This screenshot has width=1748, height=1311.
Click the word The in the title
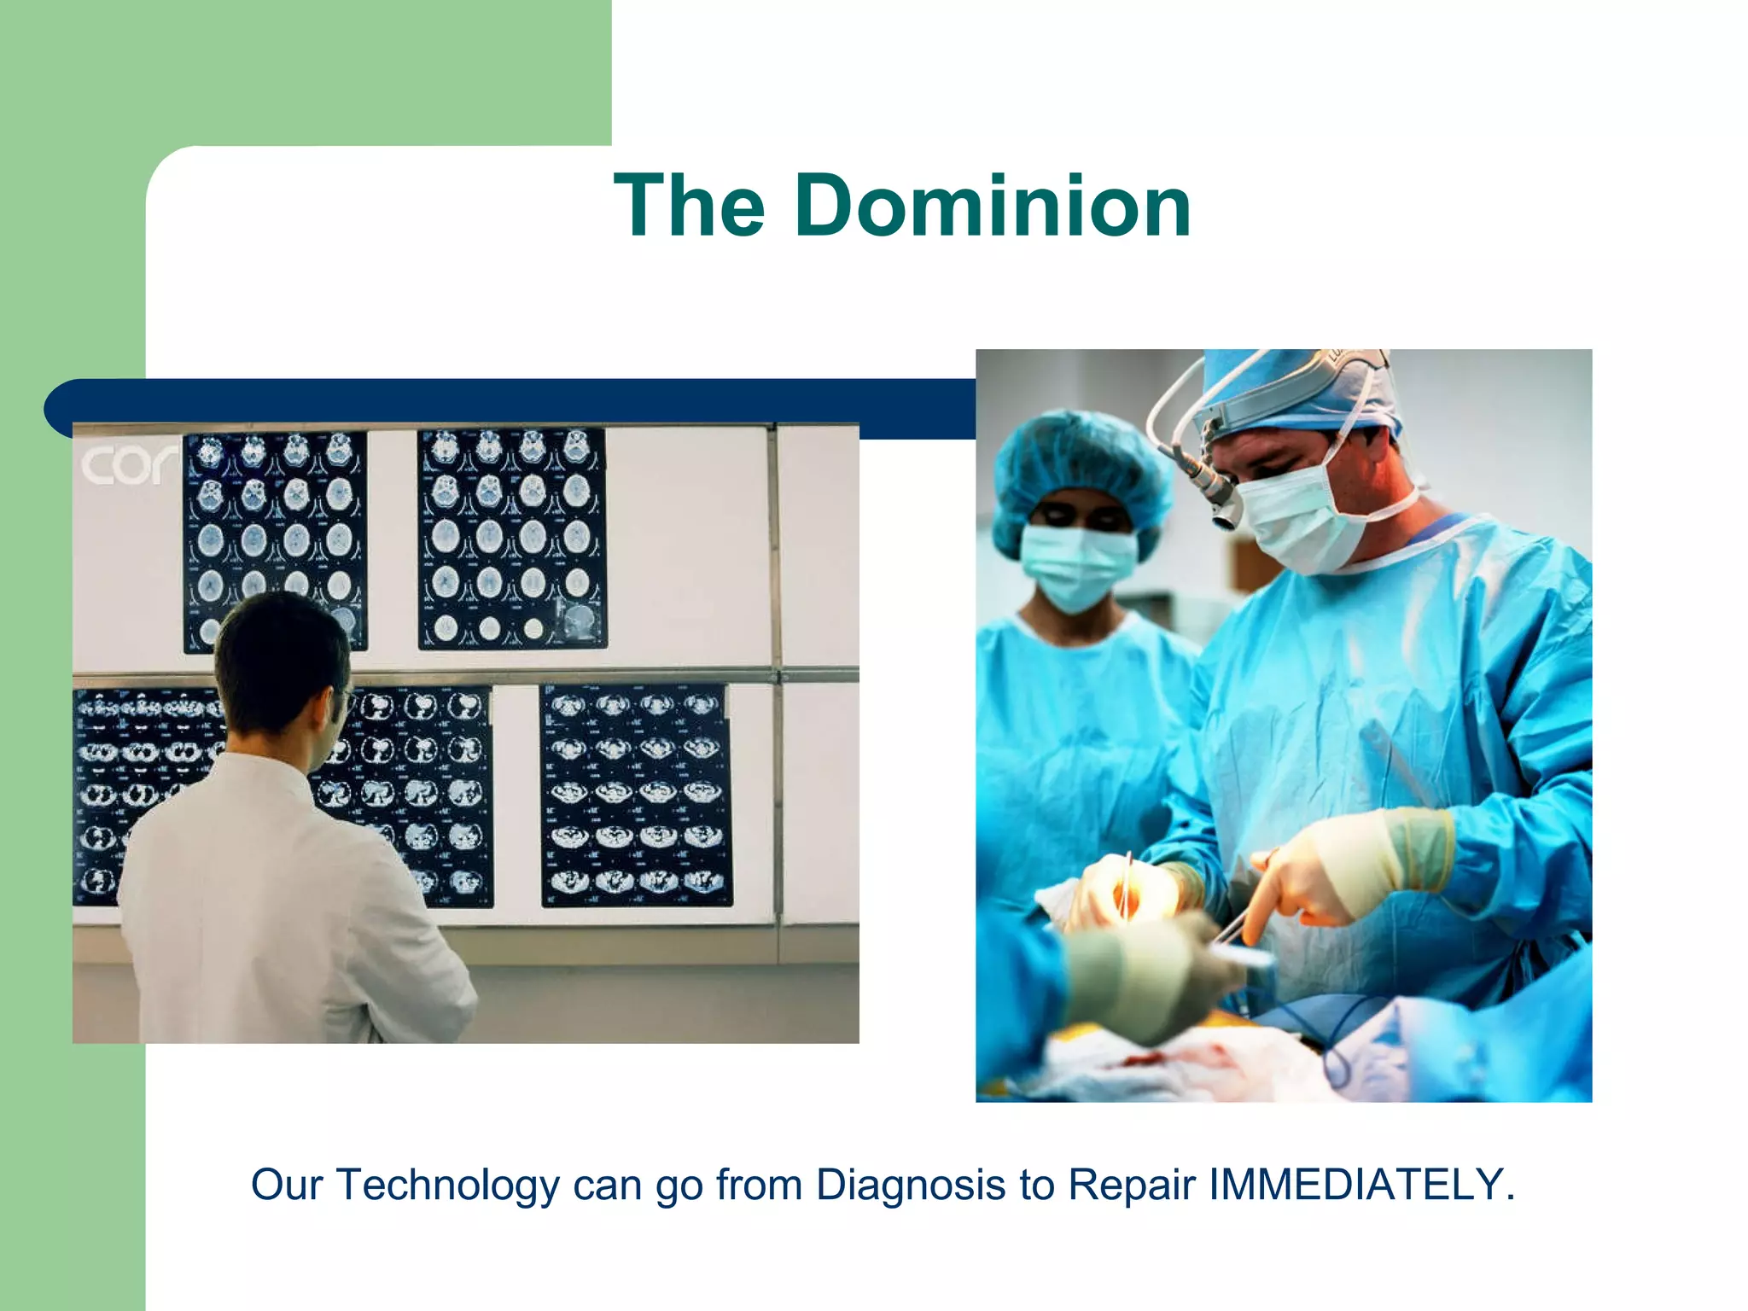[690, 207]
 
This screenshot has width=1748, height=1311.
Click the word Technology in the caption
[448, 1185]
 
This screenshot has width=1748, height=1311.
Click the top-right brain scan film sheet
[512, 538]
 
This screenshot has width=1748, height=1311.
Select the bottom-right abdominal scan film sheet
[636, 794]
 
